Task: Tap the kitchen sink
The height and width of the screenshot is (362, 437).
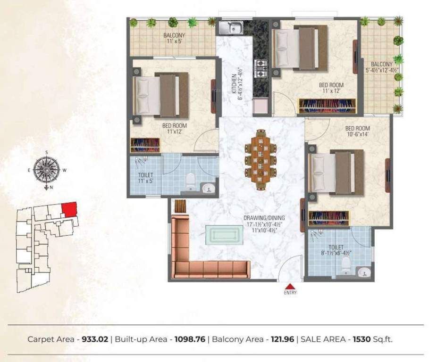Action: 229,28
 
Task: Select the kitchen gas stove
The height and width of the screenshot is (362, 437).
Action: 261,68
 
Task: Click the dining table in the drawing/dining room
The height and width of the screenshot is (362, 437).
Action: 261,159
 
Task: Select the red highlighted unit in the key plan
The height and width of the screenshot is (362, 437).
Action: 69,209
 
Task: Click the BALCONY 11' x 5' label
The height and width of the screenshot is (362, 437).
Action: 174,38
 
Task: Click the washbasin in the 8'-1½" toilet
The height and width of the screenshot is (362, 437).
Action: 362,272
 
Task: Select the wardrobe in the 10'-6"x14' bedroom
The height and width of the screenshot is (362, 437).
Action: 329,218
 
